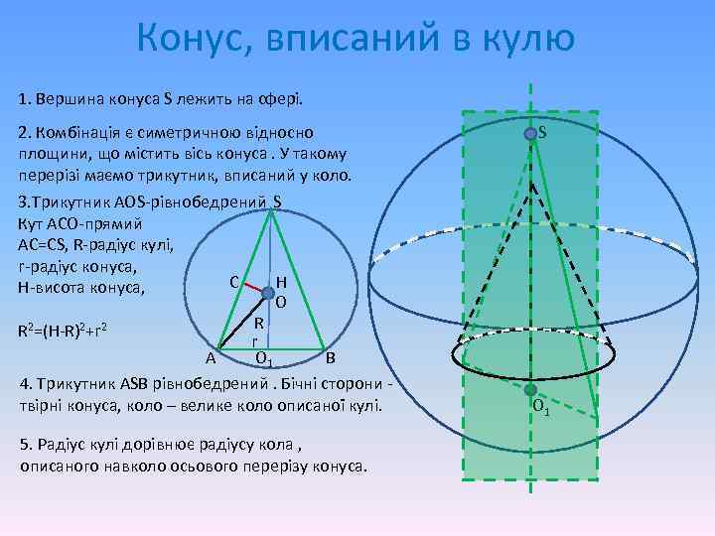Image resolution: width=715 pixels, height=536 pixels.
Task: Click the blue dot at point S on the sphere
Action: point(532,133)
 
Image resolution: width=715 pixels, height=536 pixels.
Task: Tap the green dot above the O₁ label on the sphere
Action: point(531,389)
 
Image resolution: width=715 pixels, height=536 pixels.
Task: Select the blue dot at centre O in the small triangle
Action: point(268,293)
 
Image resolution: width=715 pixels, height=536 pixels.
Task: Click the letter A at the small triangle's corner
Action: point(211,358)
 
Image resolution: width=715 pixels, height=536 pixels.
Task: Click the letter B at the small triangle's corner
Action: point(331,357)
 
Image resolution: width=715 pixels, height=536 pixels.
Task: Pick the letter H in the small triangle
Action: point(282,282)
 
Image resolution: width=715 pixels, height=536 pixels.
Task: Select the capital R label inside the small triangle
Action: point(257,324)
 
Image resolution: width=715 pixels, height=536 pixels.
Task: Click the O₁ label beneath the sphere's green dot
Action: point(541,408)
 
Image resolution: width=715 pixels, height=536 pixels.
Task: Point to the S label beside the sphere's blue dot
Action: point(545,129)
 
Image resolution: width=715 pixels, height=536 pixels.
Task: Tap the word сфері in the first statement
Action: point(281,99)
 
